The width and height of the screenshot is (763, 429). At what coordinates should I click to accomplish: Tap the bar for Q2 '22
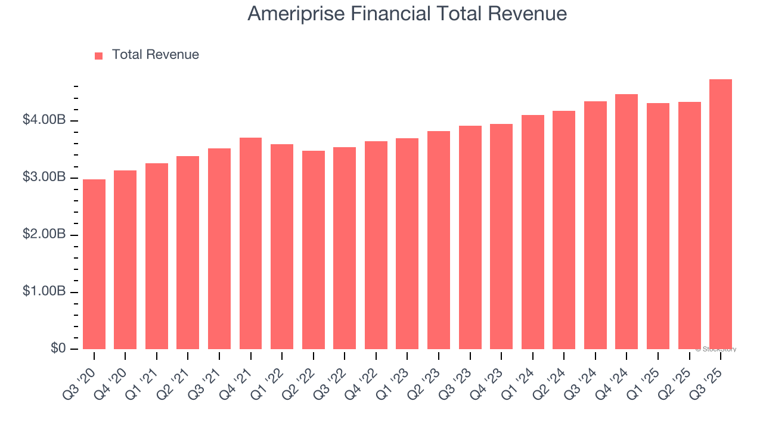[314, 250]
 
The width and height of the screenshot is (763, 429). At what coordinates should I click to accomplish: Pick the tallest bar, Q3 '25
[721, 214]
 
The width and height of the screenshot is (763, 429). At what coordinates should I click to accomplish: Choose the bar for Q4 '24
[626, 222]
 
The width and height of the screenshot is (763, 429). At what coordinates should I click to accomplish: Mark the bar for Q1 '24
[532, 232]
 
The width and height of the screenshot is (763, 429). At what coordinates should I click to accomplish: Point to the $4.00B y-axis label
[44, 120]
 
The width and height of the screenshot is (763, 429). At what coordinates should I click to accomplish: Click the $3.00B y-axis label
[44, 178]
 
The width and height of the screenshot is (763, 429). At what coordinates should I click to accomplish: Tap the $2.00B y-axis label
[44, 235]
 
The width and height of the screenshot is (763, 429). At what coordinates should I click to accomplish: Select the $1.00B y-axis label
[44, 292]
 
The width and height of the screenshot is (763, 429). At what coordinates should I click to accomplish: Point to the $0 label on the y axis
[57, 349]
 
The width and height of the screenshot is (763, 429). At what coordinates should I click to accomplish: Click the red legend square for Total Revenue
[99, 55]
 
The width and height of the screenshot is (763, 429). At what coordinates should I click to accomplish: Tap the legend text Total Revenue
[155, 55]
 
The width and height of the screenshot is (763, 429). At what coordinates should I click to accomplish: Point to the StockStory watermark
[716, 349]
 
